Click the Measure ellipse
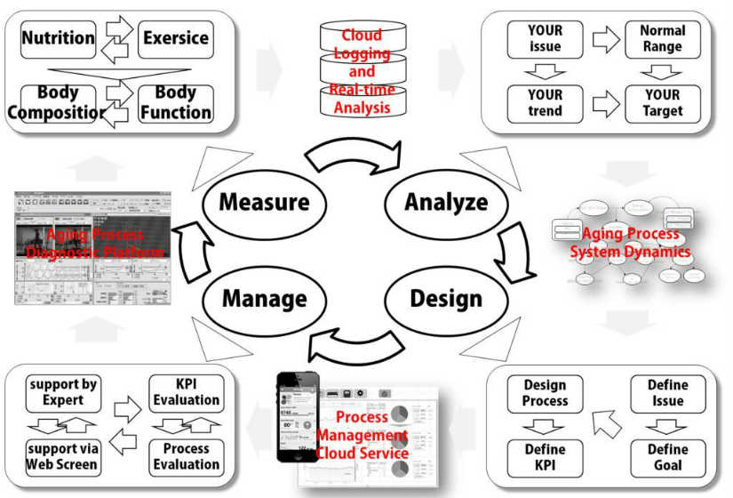pos(264,202)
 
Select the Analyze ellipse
pos(446,202)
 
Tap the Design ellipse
pos(446,297)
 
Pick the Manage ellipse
pos(264,297)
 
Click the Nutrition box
pos(58,39)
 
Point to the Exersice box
pos(175,39)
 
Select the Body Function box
pos(175,102)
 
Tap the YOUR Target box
pos(663,102)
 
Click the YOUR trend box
pos(545,102)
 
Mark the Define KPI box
pos(545,456)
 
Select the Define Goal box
pos(667,456)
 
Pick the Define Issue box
pos(667,393)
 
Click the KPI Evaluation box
pos(187,393)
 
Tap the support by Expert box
pos(63,393)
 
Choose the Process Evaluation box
pos(187,456)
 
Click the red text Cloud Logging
pos(362,44)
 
